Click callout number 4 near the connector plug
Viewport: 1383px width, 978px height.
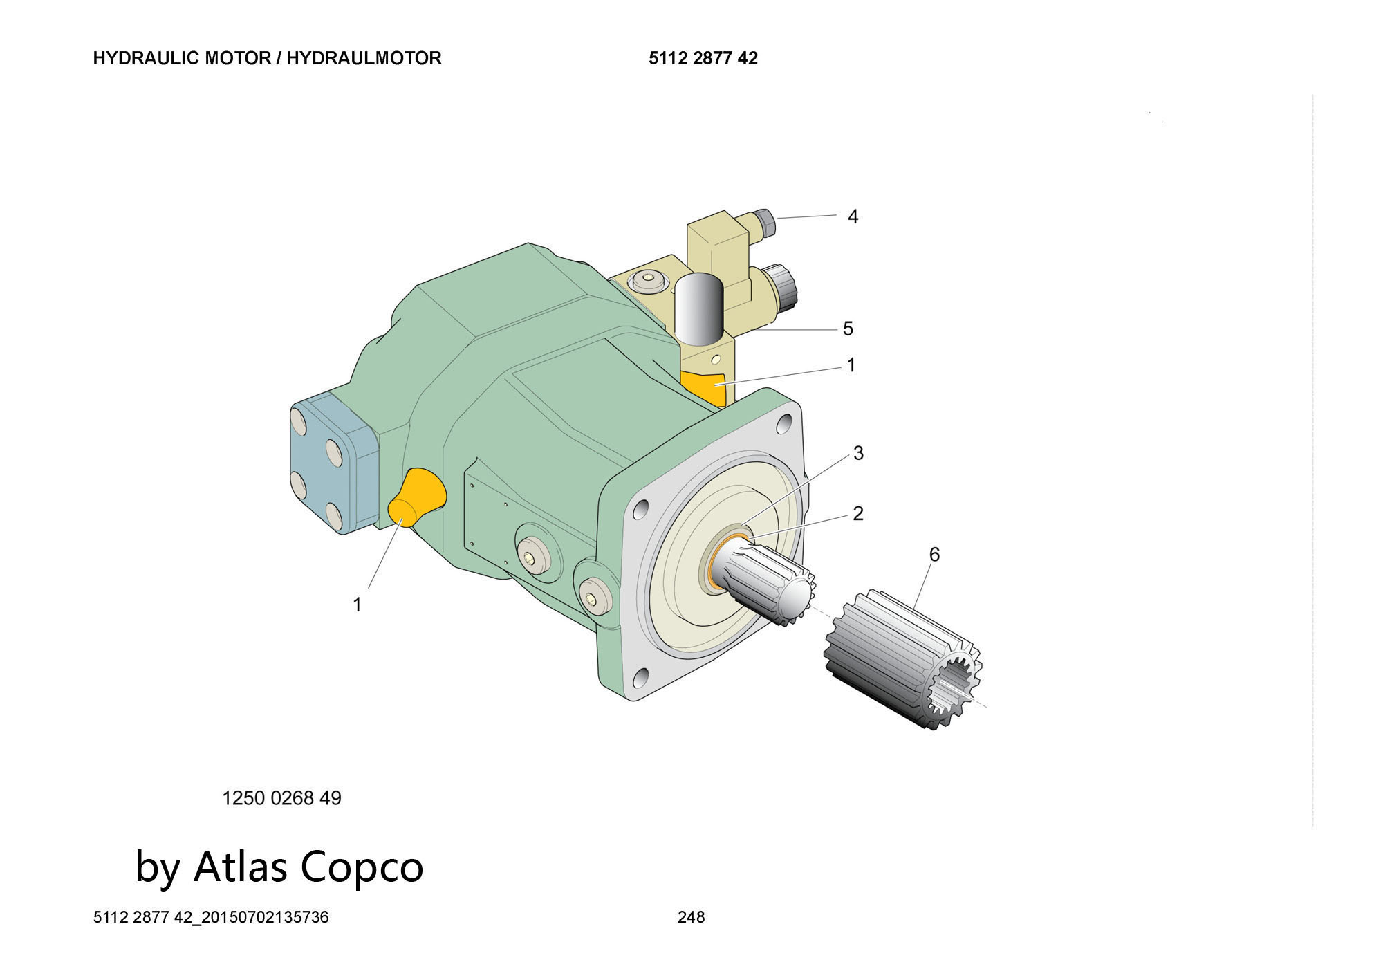[x=853, y=217]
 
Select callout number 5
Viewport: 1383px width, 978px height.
[x=848, y=329]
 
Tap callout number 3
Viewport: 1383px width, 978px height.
[x=858, y=453]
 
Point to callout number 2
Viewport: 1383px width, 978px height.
[x=858, y=513]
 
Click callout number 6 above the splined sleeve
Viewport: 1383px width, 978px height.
[x=934, y=554]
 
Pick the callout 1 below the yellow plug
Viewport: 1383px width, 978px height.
[x=357, y=605]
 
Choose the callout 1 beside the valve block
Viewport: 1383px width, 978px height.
[x=851, y=365]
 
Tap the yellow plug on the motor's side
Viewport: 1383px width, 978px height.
[x=417, y=497]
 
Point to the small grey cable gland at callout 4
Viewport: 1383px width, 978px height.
[x=766, y=221]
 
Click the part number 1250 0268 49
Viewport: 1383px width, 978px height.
[x=281, y=798]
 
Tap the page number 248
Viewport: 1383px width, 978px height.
[x=691, y=917]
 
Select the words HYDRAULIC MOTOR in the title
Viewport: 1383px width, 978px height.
[x=181, y=58]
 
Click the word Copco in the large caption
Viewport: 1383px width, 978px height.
[x=362, y=867]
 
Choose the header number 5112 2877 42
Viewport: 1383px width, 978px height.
[x=703, y=58]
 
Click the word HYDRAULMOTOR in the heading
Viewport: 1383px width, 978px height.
[x=364, y=58]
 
